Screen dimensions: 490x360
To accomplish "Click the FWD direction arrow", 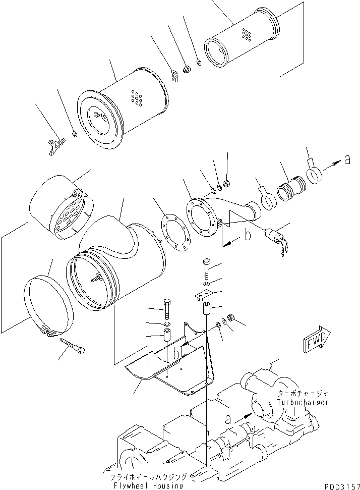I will [x=316, y=344].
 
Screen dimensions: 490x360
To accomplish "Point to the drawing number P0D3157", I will [x=341, y=485].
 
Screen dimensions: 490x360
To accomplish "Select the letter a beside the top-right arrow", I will [x=347, y=161].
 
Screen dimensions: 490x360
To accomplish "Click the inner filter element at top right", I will [x=242, y=42].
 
